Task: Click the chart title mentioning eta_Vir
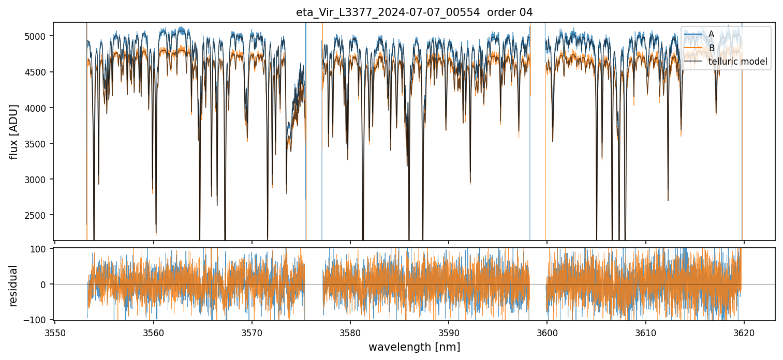(414, 12)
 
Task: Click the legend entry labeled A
(711, 35)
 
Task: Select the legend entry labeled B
(711, 48)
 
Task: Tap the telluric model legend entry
(737, 62)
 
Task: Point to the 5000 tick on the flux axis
(39, 36)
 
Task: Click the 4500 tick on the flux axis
(39, 72)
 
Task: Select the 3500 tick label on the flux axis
(39, 144)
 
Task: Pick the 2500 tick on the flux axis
(39, 215)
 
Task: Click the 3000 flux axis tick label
(39, 179)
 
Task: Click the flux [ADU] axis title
(14, 131)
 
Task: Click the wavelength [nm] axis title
(414, 347)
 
